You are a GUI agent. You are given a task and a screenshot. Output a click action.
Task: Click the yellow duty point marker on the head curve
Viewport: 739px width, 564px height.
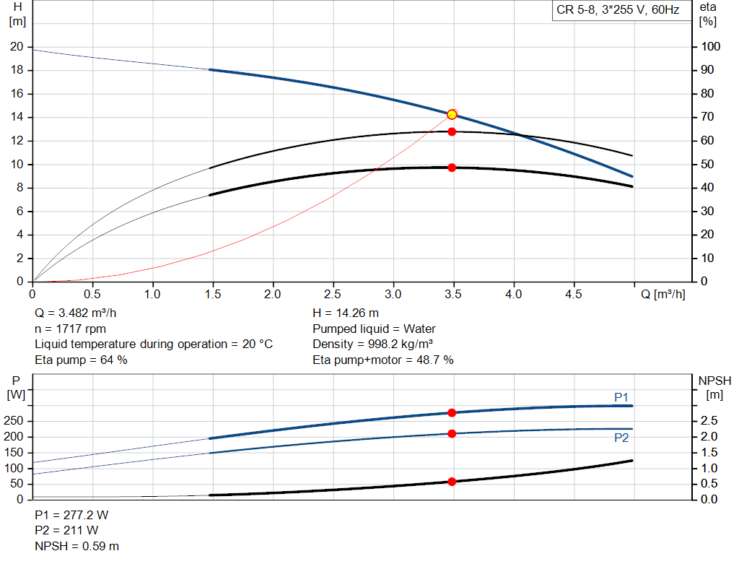coord(452,114)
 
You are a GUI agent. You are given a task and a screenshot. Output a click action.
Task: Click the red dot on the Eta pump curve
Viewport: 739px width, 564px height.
coord(452,131)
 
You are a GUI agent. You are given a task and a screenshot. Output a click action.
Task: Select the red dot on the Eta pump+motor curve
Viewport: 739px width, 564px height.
coord(452,168)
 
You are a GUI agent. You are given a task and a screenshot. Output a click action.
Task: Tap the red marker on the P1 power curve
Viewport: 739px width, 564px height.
coord(452,413)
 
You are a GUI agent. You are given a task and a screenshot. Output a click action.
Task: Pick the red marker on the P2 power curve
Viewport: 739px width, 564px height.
coord(452,434)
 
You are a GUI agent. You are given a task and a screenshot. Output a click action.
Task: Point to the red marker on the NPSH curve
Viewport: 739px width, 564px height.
coord(452,482)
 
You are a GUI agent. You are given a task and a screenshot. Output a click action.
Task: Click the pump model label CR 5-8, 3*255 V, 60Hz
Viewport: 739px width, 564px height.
coord(618,11)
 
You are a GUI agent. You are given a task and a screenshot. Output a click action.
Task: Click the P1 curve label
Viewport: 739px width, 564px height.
coord(621,397)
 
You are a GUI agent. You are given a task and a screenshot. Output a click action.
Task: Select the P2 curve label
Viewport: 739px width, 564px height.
coord(621,438)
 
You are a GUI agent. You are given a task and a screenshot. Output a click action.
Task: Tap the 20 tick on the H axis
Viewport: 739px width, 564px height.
coord(17,47)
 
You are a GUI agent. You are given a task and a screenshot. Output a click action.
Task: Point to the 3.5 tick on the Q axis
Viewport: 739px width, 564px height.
coord(454,295)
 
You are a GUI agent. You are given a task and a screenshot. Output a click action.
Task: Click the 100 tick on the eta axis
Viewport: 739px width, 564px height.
coord(711,47)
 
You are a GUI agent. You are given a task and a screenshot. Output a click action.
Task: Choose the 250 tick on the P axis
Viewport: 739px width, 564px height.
coord(16,421)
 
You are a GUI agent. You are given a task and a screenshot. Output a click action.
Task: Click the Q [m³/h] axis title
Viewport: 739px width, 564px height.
coord(663,295)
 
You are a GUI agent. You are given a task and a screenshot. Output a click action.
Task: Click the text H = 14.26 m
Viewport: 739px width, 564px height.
coord(346,313)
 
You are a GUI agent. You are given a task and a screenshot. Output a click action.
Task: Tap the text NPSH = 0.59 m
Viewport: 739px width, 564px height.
coord(77,546)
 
